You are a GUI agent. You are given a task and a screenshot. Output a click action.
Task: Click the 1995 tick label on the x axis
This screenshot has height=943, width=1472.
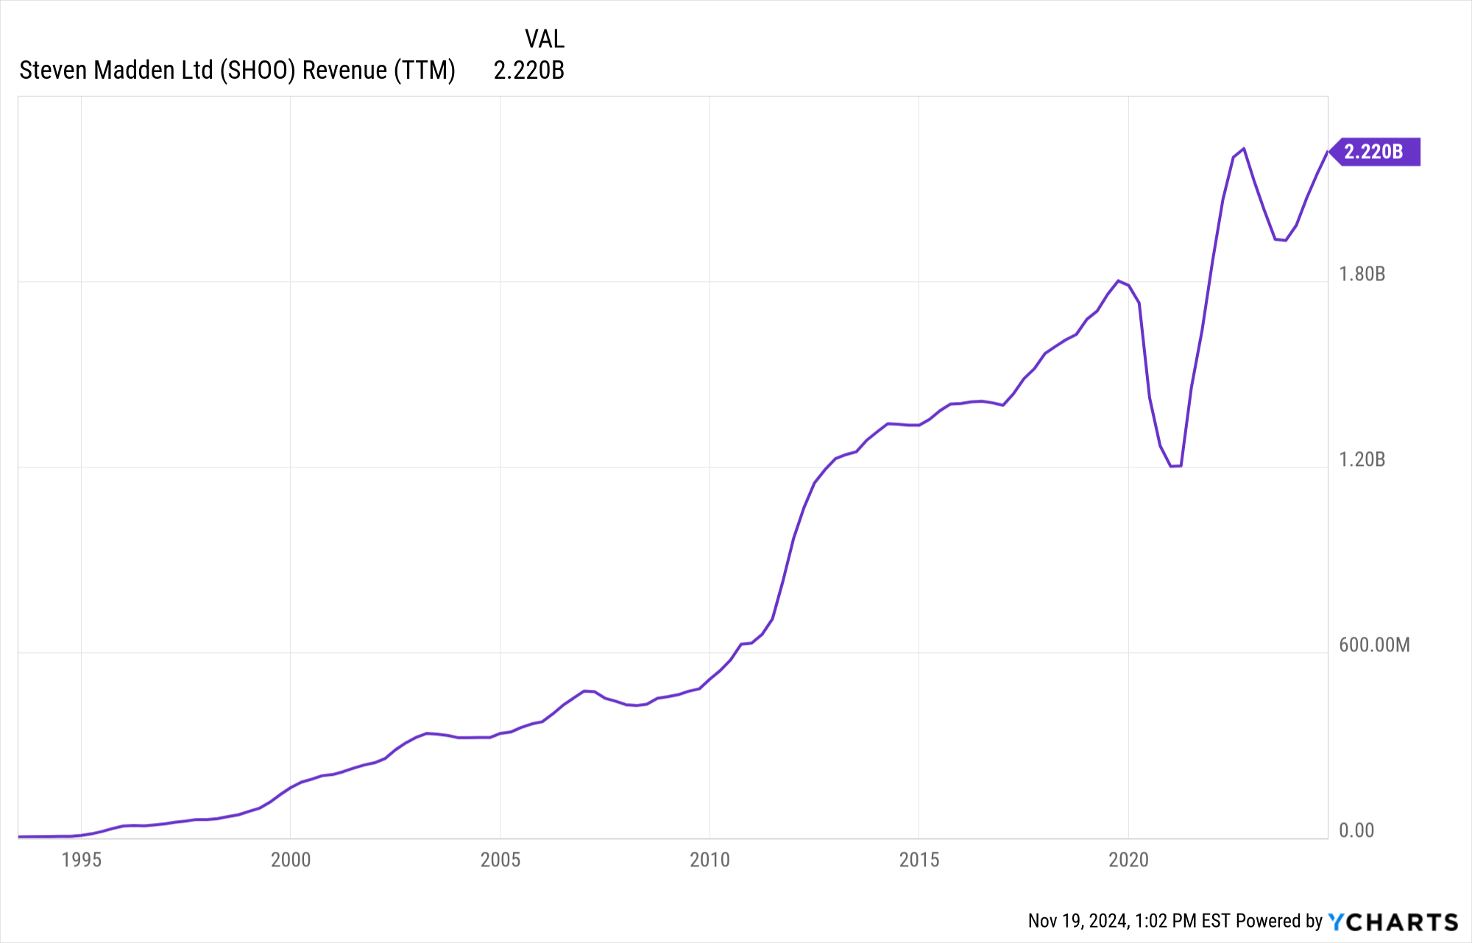coord(81,860)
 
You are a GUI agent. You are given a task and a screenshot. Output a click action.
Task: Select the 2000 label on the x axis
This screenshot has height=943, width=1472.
coord(291,860)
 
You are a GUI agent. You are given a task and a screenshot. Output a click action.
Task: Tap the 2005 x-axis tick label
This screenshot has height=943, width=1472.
coord(500,860)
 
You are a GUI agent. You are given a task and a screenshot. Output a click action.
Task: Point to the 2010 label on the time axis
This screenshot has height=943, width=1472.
coord(710,860)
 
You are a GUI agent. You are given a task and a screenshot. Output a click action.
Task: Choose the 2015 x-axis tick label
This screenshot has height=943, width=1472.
coord(919,860)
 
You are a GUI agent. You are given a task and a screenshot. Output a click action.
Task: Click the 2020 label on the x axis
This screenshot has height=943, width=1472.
coord(1128,860)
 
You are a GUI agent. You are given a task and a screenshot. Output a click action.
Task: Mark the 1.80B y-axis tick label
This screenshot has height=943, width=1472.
coord(1362,274)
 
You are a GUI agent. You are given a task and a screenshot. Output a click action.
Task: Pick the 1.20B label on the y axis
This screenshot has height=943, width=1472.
coord(1362,459)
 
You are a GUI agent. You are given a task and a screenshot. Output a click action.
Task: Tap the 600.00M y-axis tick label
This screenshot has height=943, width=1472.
coord(1374,645)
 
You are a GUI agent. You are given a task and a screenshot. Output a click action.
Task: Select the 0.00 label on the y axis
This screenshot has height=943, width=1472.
coord(1356,830)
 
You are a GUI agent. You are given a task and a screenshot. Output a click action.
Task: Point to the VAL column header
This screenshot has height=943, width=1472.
coord(544,39)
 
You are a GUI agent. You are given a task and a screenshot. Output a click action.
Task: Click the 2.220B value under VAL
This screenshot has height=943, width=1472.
coord(528,70)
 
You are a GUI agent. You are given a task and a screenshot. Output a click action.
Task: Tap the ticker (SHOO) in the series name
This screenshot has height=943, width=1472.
coord(258,70)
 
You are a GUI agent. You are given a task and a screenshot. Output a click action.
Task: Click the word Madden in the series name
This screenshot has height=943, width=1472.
coord(135,70)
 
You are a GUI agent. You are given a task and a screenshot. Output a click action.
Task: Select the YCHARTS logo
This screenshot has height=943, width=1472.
coord(1393,922)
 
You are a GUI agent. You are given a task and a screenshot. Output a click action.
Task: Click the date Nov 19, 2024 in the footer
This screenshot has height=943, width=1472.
coord(1078,921)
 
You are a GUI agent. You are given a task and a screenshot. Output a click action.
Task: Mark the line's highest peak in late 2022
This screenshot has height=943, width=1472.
coord(1243,149)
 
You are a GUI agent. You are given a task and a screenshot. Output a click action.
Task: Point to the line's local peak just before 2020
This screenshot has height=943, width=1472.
coord(1118,280)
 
